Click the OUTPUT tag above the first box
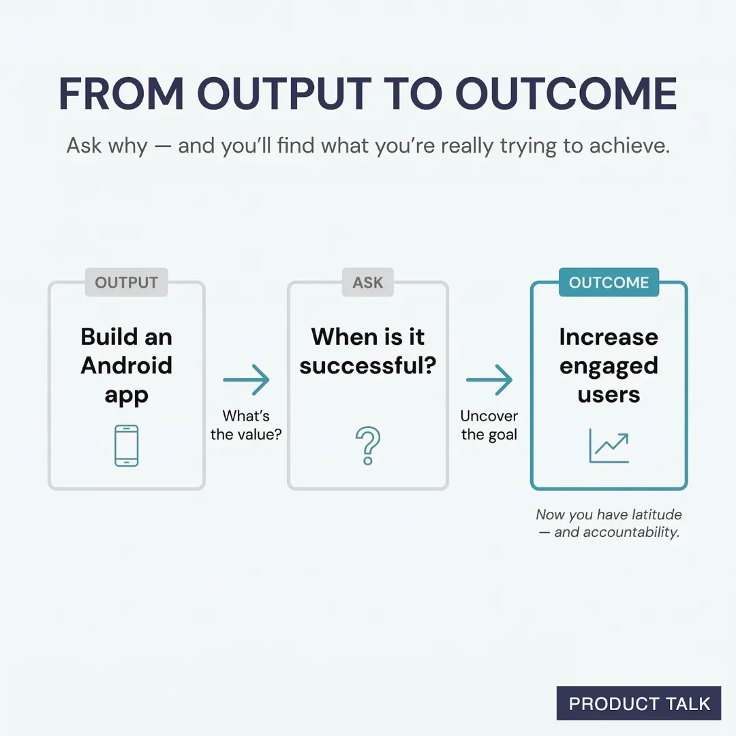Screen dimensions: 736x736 [126, 283]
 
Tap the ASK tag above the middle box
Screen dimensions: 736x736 [368, 283]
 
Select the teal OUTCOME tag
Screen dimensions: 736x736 [609, 283]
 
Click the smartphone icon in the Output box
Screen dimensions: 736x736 [127, 446]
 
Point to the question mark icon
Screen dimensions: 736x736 [368, 446]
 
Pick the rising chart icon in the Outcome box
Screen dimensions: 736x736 [609, 446]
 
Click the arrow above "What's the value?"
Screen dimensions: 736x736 [246, 380]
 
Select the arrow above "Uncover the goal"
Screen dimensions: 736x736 [489, 380]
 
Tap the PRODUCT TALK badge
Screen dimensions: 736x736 [639, 704]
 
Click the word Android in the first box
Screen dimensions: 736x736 [127, 366]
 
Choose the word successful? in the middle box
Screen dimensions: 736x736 [368, 366]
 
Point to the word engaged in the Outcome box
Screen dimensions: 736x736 [609, 366]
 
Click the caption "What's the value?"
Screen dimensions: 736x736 [246, 425]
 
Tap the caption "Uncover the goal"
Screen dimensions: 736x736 [489, 425]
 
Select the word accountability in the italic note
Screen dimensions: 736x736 [635, 532]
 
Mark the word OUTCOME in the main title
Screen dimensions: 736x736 [566, 94]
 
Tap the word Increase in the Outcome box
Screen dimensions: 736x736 [609, 337]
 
